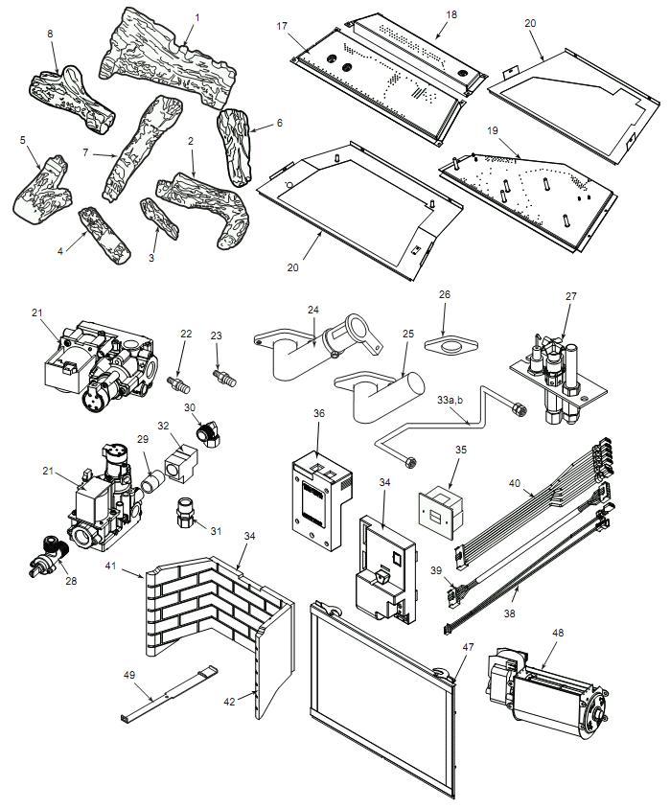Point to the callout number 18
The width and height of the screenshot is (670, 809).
pyautogui.click(x=451, y=14)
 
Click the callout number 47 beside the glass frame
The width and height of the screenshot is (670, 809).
pyautogui.click(x=468, y=647)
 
